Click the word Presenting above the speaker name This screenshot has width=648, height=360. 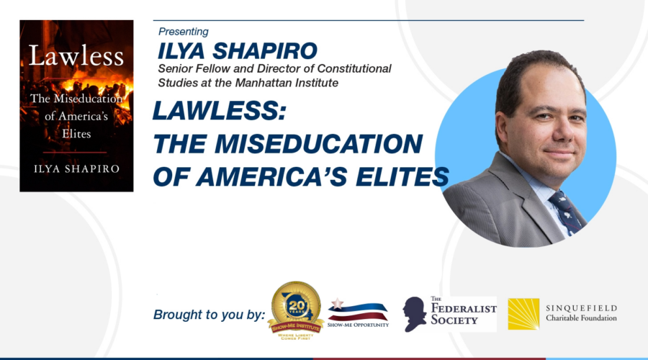pos(183,32)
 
